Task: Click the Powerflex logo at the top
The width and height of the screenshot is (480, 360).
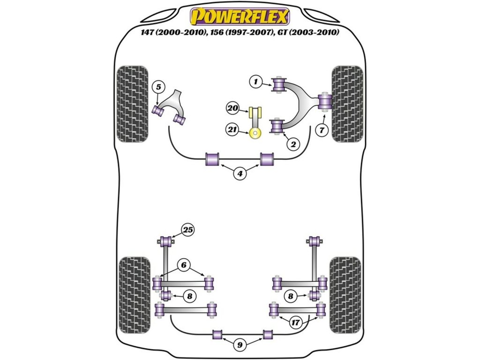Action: (x=240, y=17)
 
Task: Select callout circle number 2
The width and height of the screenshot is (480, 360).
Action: (x=293, y=144)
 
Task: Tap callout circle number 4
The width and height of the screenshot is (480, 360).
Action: (x=240, y=174)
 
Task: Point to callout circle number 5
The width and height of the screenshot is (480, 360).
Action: (x=158, y=87)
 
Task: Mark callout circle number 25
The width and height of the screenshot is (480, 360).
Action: (x=187, y=230)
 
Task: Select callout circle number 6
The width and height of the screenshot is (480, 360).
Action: (x=183, y=265)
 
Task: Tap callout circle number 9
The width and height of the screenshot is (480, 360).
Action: (x=240, y=345)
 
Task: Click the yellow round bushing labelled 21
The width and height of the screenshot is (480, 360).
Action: (x=255, y=135)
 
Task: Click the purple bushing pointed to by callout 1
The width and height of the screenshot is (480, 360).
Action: (x=280, y=85)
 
